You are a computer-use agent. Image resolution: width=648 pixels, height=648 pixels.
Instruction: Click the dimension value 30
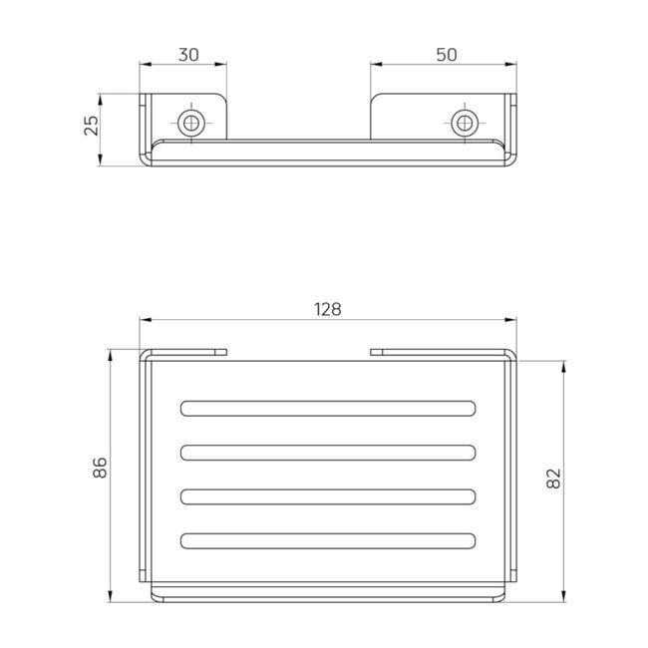point(188,55)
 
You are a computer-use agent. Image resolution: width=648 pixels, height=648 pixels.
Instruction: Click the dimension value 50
point(447,55)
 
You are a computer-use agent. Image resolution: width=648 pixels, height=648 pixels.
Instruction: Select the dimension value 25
point(92,126)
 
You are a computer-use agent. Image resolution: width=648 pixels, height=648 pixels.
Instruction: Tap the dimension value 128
point(328,309)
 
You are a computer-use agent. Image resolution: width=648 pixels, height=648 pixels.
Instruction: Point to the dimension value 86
point(100,468)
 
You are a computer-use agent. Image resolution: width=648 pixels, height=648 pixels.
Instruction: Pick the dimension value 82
point(553,479)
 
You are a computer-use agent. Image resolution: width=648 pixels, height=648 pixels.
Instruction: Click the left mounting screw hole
point(191,123)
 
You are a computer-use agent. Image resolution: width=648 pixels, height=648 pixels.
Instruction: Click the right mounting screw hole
point(465,123)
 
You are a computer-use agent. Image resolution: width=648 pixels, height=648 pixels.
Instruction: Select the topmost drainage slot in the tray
point(328,409)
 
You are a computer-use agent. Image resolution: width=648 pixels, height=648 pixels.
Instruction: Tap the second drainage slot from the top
point(328,453)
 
